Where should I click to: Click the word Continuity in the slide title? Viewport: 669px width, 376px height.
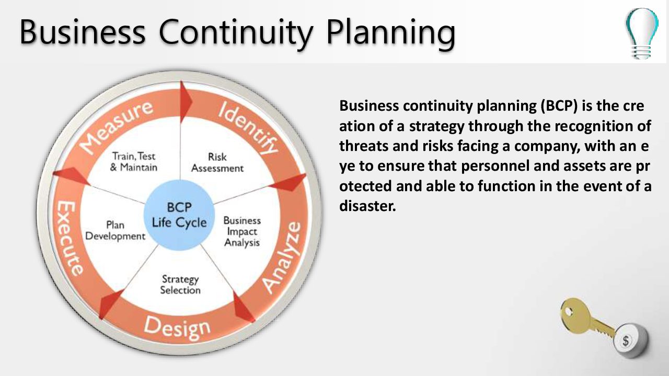point(236,33)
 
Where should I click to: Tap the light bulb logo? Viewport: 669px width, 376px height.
point(642,33)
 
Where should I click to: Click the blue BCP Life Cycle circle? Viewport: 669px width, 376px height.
point(179,215)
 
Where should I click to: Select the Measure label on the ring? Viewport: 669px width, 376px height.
point(117,126)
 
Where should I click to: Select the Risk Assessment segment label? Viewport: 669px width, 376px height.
point(217,162)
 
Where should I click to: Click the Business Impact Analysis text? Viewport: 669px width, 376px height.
point(242,231)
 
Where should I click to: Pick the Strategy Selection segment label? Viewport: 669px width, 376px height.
point(180,285)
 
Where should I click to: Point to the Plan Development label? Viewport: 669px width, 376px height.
point(116,230)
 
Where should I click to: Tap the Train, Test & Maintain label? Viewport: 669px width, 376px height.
point(133,161)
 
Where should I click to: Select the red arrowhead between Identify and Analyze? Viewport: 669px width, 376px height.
point(288,183)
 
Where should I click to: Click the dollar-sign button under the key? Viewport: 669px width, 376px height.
point(630,340)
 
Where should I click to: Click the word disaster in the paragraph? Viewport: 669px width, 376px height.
point(367,206)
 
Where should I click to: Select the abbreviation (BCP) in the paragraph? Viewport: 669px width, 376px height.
point(559,106)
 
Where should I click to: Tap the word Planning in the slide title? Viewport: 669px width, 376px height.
point(391,33)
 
